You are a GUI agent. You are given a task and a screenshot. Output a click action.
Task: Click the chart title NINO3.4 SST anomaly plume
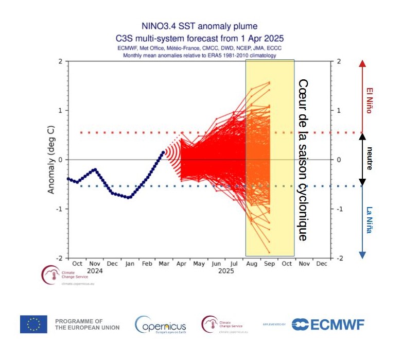point(199,26)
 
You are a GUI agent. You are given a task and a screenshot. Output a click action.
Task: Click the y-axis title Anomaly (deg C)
point(51,160)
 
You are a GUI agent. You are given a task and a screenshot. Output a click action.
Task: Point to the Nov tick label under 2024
point(94,263)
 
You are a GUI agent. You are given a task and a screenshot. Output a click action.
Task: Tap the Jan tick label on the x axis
point(129,263)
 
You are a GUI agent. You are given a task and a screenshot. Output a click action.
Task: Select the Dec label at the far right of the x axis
point(322,263)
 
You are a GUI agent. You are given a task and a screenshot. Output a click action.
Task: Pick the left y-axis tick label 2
point(60,61)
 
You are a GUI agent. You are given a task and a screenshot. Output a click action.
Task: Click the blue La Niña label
point(369,220)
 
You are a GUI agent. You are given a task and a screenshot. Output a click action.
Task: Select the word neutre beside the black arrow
point(369,159)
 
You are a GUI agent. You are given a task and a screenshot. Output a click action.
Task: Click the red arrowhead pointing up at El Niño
point(362,64)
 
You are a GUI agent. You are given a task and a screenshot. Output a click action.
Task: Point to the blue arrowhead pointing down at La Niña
point(362,254)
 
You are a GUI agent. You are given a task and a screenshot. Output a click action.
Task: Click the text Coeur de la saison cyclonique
point(303,160)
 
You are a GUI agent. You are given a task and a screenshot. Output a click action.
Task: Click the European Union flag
point(33,324)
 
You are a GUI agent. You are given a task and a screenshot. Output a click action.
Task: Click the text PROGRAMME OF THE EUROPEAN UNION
point(87,324)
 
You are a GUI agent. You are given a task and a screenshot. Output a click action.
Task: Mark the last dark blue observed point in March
point(164,152)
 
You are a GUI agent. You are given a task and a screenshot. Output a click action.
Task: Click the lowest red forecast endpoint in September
point(269,252)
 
